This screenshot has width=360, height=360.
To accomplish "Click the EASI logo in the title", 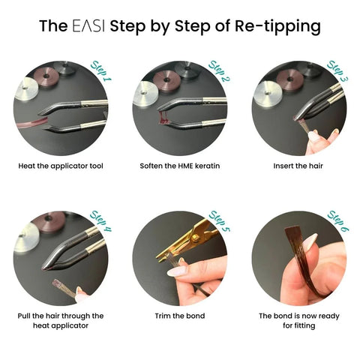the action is pos(88,25).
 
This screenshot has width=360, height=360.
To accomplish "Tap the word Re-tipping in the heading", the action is pos(277,27).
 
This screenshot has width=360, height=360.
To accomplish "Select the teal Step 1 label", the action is pos(101,71).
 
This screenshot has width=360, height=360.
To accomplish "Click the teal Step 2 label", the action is pos(220,71).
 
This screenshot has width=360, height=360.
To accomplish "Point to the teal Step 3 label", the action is pos(337,71).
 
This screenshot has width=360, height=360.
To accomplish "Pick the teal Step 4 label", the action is pos(100,221).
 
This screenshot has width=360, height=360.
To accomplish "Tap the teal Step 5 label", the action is pos(220,221).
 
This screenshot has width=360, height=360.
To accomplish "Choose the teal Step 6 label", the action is pos(338,221).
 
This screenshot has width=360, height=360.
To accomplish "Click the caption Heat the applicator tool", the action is pos(61,166).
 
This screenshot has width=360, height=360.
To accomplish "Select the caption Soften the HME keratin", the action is pos(180,166).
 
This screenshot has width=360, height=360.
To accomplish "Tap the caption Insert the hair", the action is pos(298,166).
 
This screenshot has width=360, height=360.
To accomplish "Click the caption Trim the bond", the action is pos(180,316).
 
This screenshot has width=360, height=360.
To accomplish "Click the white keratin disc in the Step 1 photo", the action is pos(26,88).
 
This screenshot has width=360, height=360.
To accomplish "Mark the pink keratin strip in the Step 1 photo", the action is pos(32,124).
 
